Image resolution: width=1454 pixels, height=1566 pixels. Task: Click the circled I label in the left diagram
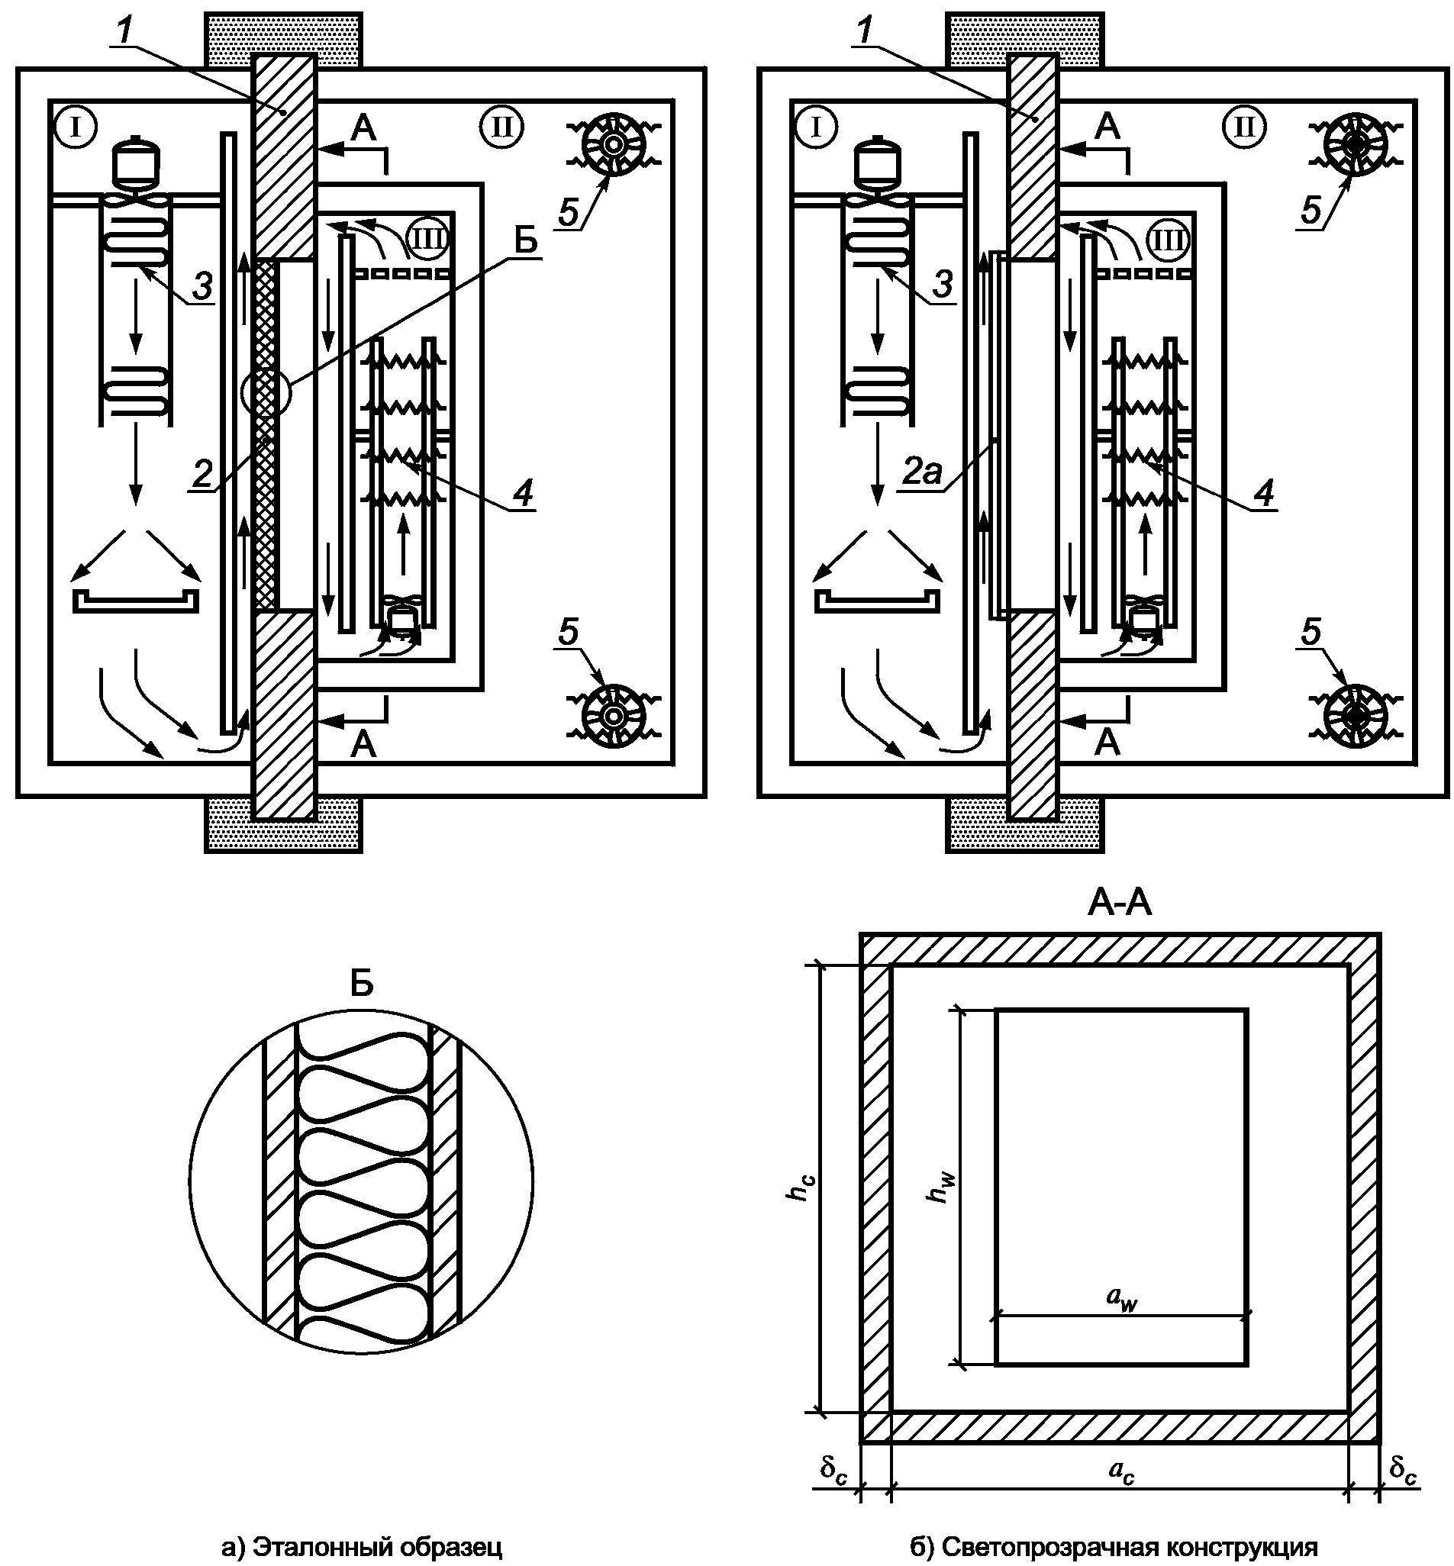(76, 127)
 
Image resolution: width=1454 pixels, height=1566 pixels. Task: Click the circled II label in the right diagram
(1245, 127)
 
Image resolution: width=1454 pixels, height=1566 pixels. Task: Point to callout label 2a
(921, 471)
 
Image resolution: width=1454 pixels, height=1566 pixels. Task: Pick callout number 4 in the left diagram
(524, 493)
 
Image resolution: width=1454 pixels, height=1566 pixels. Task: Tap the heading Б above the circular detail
(361, 984)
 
